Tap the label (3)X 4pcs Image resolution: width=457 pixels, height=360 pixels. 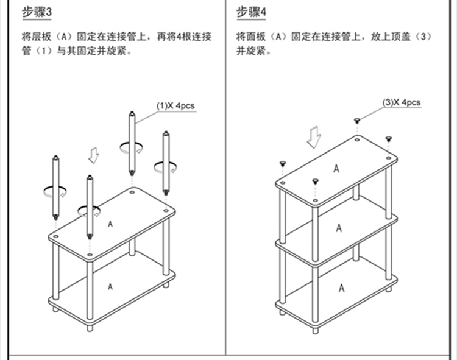pyautogui.click(x=402, y=102)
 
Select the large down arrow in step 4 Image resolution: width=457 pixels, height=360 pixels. pyautogui.click(x=314, y=138)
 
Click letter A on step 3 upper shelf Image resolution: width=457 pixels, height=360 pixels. pyautogui.click(x=110, y=224)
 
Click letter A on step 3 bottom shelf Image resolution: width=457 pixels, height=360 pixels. pyautogui.click(x=110, y=285)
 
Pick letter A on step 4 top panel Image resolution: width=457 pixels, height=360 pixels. pyautogui.click(x=336, y=169)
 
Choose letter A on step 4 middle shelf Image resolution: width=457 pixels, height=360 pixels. pyautogui.click(x=339, y=227)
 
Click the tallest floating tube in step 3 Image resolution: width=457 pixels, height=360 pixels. pyautogui.click(x=131, y=141)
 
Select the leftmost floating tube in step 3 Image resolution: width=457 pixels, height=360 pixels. pyautogui.click(x=56, y=186)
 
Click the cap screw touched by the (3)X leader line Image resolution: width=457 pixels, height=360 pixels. pyautogui.click(x=358, y=122)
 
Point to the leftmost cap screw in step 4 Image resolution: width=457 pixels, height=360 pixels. pyautogui.click(x=282, y=164)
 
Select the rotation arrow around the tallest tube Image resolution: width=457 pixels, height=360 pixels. pyautogui.click(x=131, y=147)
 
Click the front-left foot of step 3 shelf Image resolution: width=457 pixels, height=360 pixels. pyautogui.click(x=90, y=327)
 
